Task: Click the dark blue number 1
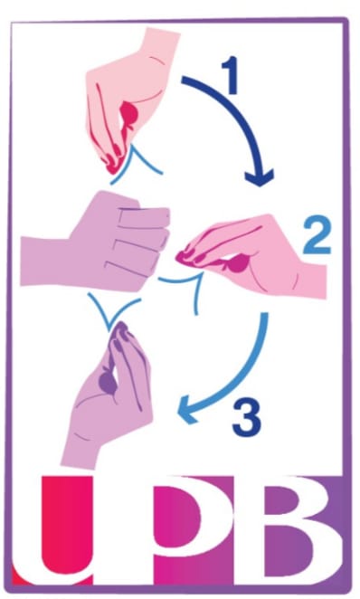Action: coord(232,75)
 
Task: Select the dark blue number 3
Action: coord(247,417)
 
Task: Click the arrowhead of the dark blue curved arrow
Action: coord(260,177)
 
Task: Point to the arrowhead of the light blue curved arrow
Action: coord(188,410)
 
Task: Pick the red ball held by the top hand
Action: coord(129,113)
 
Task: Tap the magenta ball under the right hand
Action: coord(238,263)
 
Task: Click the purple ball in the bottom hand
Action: coord(108,380)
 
